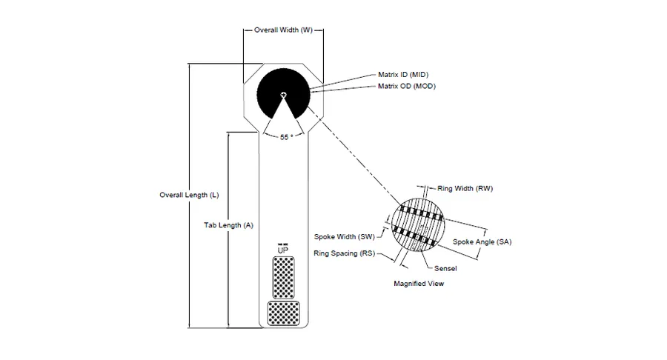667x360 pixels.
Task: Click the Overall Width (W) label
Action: point(283,30)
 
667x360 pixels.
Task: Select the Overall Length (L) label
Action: point(189,195)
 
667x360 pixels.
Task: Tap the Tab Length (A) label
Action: point(228,225)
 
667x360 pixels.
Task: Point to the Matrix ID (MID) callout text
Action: point(403,75)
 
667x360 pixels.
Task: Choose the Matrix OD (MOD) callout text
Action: point(407,86)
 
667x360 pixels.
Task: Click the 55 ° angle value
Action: point(286,137)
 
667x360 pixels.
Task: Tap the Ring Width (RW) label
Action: point(465,189)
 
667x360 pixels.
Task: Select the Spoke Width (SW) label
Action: point(345,237)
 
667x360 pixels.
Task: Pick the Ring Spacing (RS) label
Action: point(345,254)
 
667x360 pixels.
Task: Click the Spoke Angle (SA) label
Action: point(482,242)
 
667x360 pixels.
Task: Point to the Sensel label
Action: point(445,269)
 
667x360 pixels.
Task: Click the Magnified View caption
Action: point(419,284)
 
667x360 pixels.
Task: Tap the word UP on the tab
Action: point(283,251)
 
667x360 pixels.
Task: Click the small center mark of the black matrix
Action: point(283,95)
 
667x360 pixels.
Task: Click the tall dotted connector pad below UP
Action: point(283,278)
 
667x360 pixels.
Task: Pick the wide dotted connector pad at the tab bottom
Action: point(283,313)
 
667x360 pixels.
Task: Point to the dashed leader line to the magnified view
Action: point(354,156)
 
